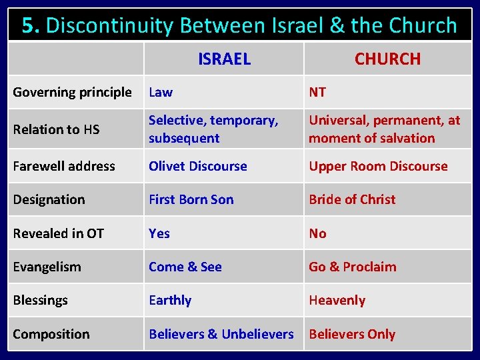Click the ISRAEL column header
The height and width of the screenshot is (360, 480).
(x=224, y=59)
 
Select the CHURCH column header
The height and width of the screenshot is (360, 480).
(x=387, y=59)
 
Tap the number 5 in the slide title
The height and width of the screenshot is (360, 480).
(x=28, y=25)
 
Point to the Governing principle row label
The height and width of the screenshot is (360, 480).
(x=72, y=93)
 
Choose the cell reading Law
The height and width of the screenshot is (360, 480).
(x=161, y=93)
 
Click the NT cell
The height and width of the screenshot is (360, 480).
(x=317, y=93)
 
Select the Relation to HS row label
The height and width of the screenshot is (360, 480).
(x=56, y=129)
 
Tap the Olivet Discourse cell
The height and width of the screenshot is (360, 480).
(x=197, y=166)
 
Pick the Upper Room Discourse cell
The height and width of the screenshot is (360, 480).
(x=378, y=166)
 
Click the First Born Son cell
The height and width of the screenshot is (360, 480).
(x=191, y=199)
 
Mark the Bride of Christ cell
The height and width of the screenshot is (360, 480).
(x=352, y=199)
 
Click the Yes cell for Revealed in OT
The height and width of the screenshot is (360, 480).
(x=159, y=233)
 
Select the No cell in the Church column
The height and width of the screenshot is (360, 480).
(x=317, y=233)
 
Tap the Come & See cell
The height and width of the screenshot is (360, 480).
(x=185, y=267)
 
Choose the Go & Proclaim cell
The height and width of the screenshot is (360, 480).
(x=352, y=267)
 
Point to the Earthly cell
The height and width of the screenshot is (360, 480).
(x=170, y=300)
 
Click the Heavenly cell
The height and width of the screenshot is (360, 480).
(x=337, y=300)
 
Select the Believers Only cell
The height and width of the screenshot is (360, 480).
(x=352, y=334)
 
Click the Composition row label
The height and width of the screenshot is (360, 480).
(x=51, y=334)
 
